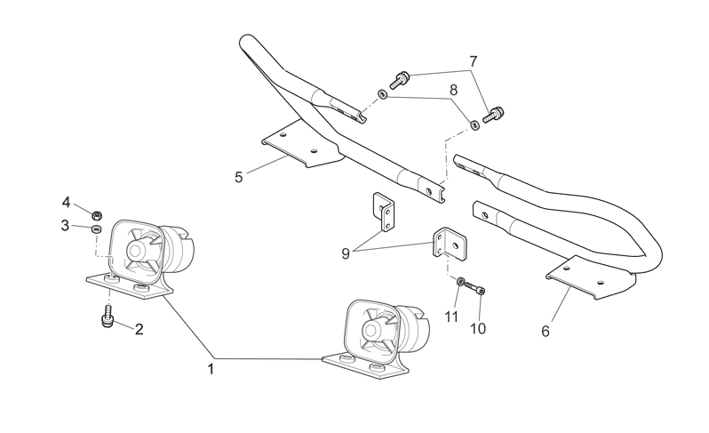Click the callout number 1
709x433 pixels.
point(211,369)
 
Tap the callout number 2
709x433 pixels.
point(139,329)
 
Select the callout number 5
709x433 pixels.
point(238,177)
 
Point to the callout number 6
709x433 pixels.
point(546,332)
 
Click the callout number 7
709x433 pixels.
point(473,61)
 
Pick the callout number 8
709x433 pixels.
point(453,90)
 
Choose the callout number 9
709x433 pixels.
point(346,253)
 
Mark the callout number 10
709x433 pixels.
point(477,328)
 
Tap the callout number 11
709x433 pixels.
point(451,317)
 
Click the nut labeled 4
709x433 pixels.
point(96,214)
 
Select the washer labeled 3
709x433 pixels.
point(95,229)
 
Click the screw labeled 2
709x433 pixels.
point(108,316)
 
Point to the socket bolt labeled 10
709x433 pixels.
point(474,288)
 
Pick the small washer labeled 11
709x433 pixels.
point(460,282)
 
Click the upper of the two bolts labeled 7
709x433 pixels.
point(399,80)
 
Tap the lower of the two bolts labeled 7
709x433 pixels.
point(494,115)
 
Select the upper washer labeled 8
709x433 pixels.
point(383,94)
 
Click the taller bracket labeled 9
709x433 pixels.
point(384,212)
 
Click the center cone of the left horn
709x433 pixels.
point(139,249)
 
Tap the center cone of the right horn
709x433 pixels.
point(373,330)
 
